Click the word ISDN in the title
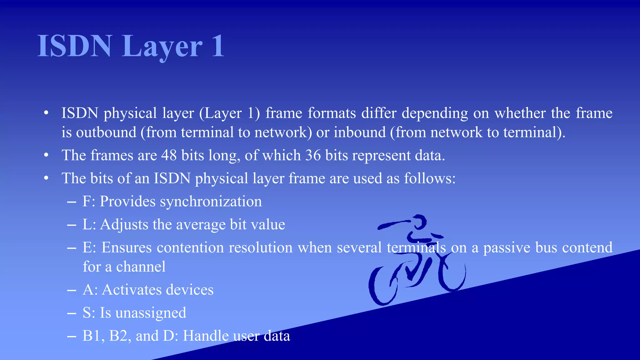pos(74,46)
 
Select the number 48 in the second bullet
pos(169,155)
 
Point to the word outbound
pos(106,132)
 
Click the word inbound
pos(360,132)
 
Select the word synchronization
pos(211,202)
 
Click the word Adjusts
pos(124,225)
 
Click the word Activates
pos(131,290)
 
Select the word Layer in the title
pos(162,46)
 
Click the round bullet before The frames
pos(46,155)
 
